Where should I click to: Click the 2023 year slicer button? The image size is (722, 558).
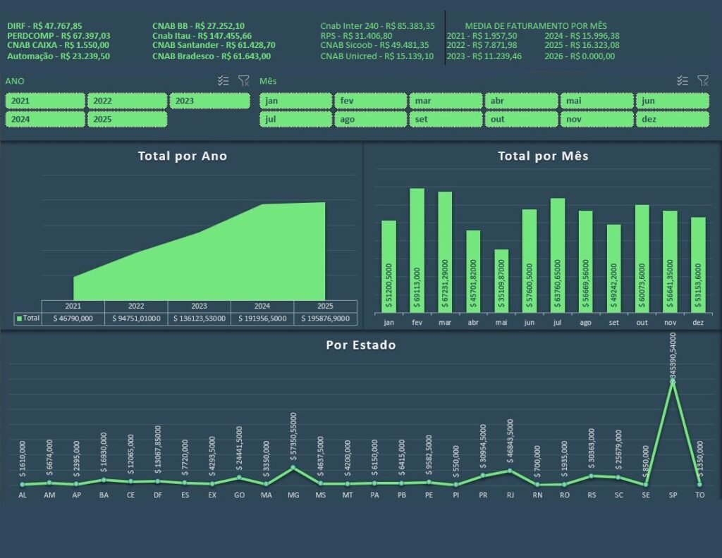tap(209, 101)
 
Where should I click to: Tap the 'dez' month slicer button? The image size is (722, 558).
tap(672, 119)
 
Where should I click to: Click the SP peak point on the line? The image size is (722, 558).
tap(673, 382)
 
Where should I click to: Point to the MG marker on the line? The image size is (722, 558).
tap(293, 468)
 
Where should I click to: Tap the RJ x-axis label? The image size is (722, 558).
tap(510, 496)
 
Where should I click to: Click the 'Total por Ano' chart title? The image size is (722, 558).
tap(182, 156)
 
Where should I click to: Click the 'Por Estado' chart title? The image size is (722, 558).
tap(360, 345)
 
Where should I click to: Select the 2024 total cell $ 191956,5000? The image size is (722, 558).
tap(262, 318)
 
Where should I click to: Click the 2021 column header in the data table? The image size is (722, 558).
tap(73, 306)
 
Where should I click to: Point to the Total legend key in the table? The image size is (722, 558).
tap(20, 318)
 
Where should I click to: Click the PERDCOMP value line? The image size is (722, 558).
tap(59, 35)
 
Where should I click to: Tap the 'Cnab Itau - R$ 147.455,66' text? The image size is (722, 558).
tap(202, 35)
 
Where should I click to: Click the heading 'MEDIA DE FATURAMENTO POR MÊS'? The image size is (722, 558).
tap(536, 25)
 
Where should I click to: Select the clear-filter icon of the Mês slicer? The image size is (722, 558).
tap(702, 81)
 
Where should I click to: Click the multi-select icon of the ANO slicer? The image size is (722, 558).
tap(224, 81)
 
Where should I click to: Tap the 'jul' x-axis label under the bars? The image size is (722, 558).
tap(558, 323)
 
